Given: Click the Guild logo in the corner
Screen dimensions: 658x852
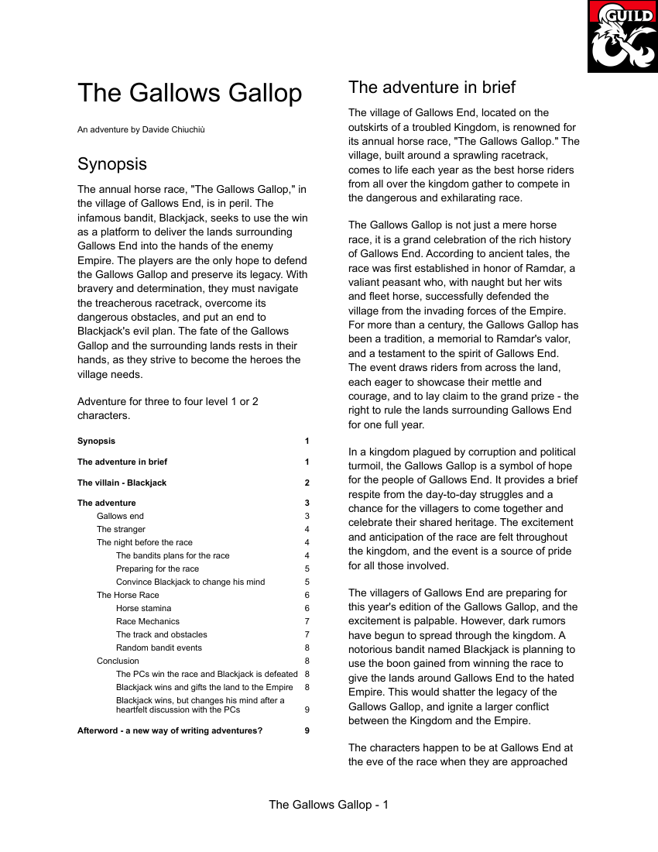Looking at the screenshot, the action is click(622, 36).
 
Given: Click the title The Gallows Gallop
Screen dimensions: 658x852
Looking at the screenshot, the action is click(190, 93).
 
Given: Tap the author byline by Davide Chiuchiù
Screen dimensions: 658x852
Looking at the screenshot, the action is click(141, 129).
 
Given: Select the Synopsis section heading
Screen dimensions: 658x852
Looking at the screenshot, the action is click(112, 164).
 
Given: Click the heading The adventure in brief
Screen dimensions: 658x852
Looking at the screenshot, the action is click(432, 87).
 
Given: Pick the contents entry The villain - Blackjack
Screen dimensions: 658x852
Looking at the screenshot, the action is click(122, 483).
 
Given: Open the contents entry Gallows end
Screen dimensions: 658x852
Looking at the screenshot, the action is click(120, 516).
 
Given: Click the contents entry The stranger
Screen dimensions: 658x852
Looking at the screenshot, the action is click(121, 529).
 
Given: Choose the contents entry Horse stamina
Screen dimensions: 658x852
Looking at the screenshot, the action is click(144, 608).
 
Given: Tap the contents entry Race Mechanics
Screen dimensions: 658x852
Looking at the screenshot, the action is click(148, 621).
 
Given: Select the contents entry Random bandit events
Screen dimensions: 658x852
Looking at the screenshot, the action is click(159, 648).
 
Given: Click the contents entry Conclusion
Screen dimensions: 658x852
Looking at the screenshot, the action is click(118, 661).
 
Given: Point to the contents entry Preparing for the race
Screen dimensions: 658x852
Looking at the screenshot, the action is click(157, 569).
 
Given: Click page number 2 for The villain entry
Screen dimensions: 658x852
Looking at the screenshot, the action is click(307, 483).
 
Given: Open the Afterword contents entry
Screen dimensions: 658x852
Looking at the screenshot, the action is click(170, 730).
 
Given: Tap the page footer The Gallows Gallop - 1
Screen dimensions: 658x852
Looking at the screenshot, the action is click(328, 805).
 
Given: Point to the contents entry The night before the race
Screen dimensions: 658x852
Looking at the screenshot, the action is click(145, 542).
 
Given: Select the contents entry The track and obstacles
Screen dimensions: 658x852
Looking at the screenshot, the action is click(162, 634).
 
